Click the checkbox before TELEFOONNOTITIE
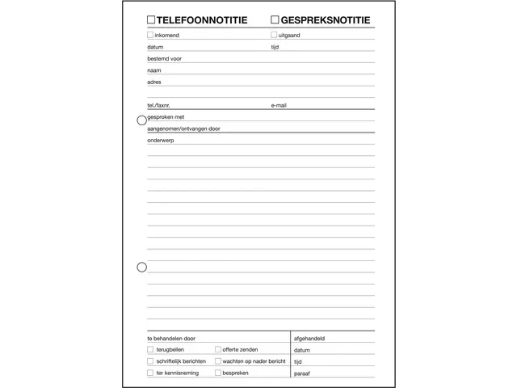151,19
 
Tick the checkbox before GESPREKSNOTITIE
275,19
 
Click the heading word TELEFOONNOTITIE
203,19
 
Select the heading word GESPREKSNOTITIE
326,19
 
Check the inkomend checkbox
150,35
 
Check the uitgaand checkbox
274,35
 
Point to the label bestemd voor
164,58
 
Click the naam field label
154,70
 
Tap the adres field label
154,82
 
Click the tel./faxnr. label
159,105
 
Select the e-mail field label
279,105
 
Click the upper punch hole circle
142,120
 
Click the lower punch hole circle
142,267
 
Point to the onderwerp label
161,140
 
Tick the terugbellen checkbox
150,349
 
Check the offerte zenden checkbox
217,349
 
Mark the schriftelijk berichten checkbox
150,361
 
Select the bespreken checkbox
217,373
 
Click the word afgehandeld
315,339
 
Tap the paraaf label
303,373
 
